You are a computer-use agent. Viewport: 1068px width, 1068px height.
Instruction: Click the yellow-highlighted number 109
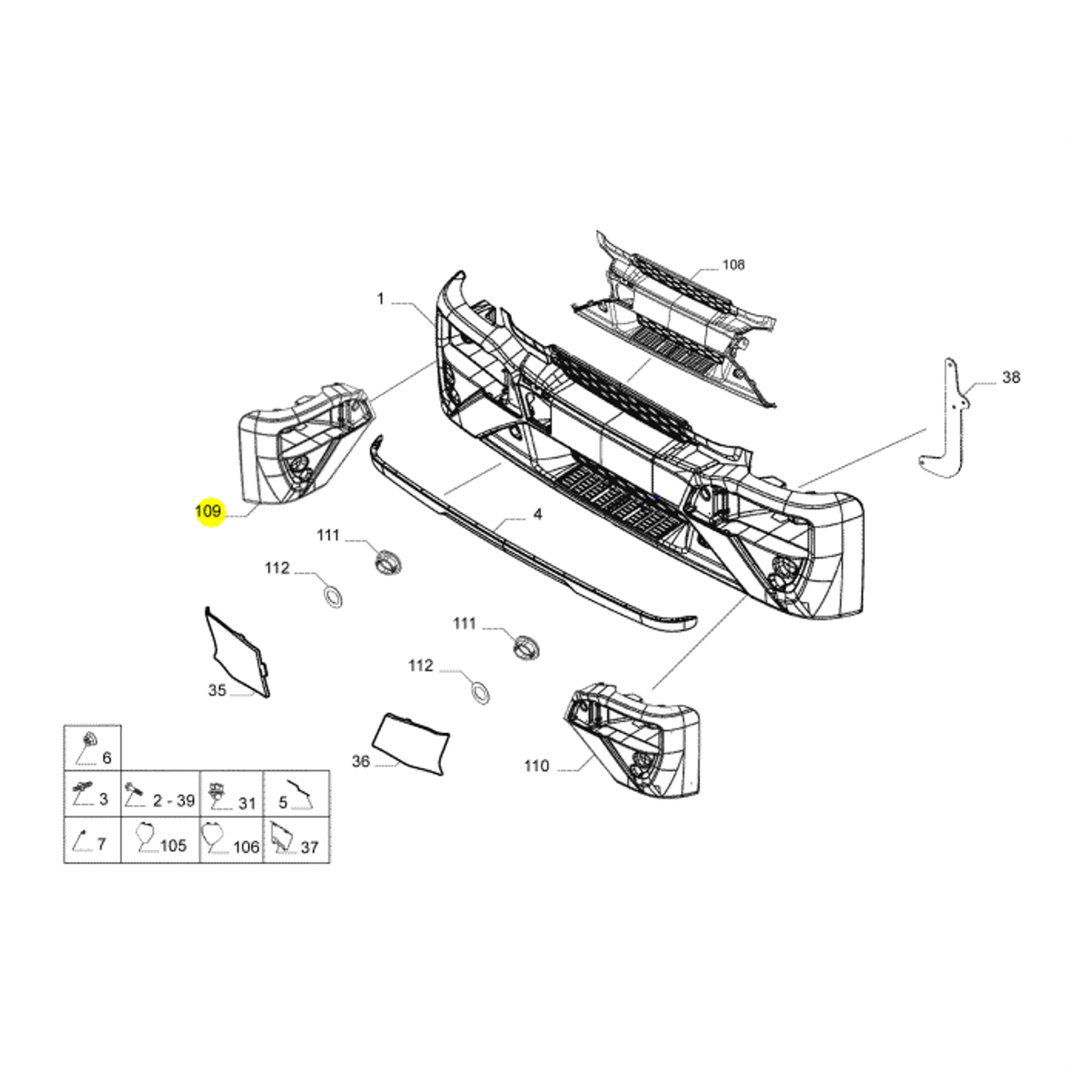point(208,511)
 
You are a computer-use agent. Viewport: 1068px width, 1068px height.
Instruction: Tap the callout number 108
point(733,264)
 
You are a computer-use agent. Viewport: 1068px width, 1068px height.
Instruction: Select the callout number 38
point(1011,377)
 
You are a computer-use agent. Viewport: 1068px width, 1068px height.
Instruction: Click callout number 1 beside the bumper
point(381,299)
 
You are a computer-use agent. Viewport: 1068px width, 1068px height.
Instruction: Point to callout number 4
point(538,514)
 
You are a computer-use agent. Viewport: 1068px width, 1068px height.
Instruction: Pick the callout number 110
point(536,766)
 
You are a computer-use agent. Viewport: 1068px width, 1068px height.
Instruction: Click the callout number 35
point(217,691)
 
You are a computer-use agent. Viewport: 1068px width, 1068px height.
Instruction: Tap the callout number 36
point(361,761)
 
